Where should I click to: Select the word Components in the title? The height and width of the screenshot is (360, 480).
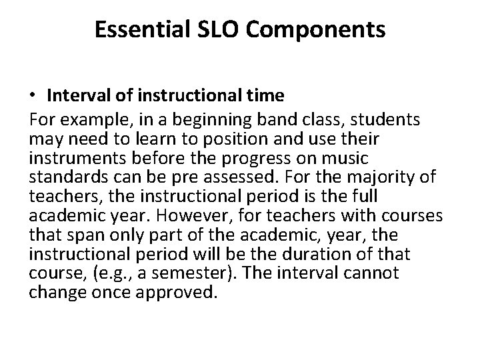(316, 30)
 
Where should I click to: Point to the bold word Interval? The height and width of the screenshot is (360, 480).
(71, 96)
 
